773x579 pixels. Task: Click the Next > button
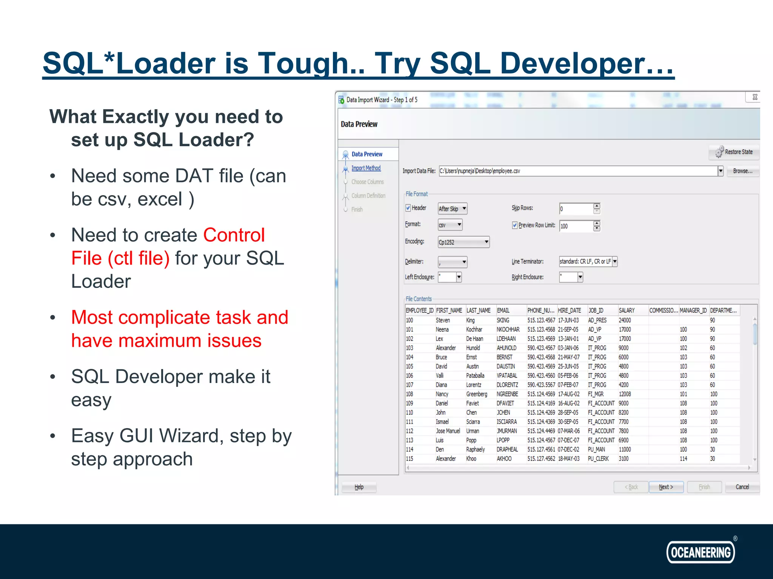666,487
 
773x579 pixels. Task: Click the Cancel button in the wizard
742,487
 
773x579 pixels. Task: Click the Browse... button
742,171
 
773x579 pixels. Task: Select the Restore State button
734,152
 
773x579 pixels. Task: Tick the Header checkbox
408,208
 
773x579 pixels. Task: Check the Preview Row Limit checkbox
514,225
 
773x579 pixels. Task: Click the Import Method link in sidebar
366,168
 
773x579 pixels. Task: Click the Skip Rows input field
576,209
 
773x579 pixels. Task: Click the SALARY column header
627,311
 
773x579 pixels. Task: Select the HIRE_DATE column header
569,311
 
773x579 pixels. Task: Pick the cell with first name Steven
443,320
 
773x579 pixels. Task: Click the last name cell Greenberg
476,394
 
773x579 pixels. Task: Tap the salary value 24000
625,320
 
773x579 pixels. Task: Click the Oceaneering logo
701,552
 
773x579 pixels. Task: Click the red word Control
234,235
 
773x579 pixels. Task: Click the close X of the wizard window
755,97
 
